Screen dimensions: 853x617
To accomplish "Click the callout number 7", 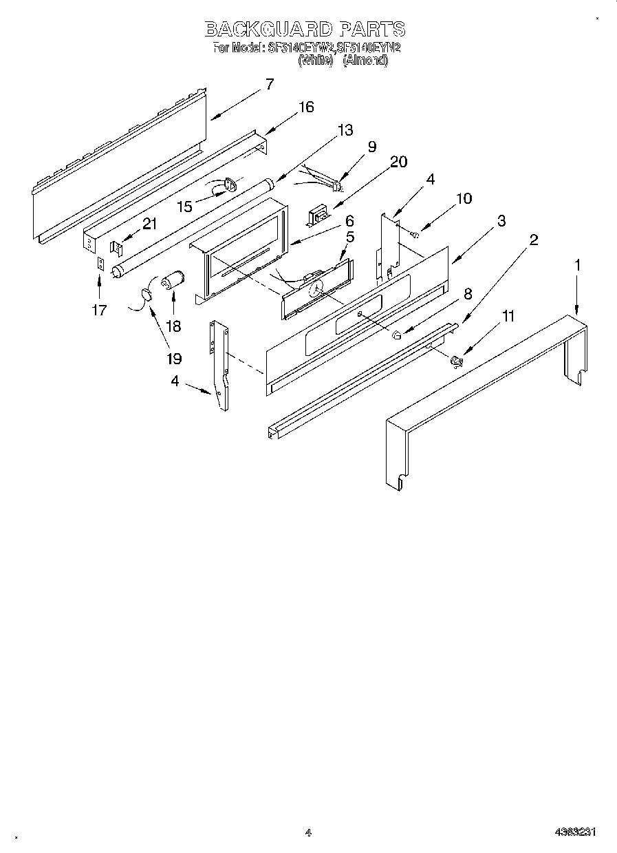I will point(269,85).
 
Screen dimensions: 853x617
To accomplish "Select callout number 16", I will point(305,107).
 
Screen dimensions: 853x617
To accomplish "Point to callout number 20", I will point(398,162).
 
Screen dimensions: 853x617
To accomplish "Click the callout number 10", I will point(464,198).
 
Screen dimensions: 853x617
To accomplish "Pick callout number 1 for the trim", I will point(578,264).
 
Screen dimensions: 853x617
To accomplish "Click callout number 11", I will point(508,316).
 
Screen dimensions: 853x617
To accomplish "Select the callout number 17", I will point(99,310).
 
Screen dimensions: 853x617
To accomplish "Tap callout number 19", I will point(173,358).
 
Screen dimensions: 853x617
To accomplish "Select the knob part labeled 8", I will point(397,336).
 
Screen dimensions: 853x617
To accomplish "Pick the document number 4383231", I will point(574,832).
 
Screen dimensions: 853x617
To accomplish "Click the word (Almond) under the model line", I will point(365,60).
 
